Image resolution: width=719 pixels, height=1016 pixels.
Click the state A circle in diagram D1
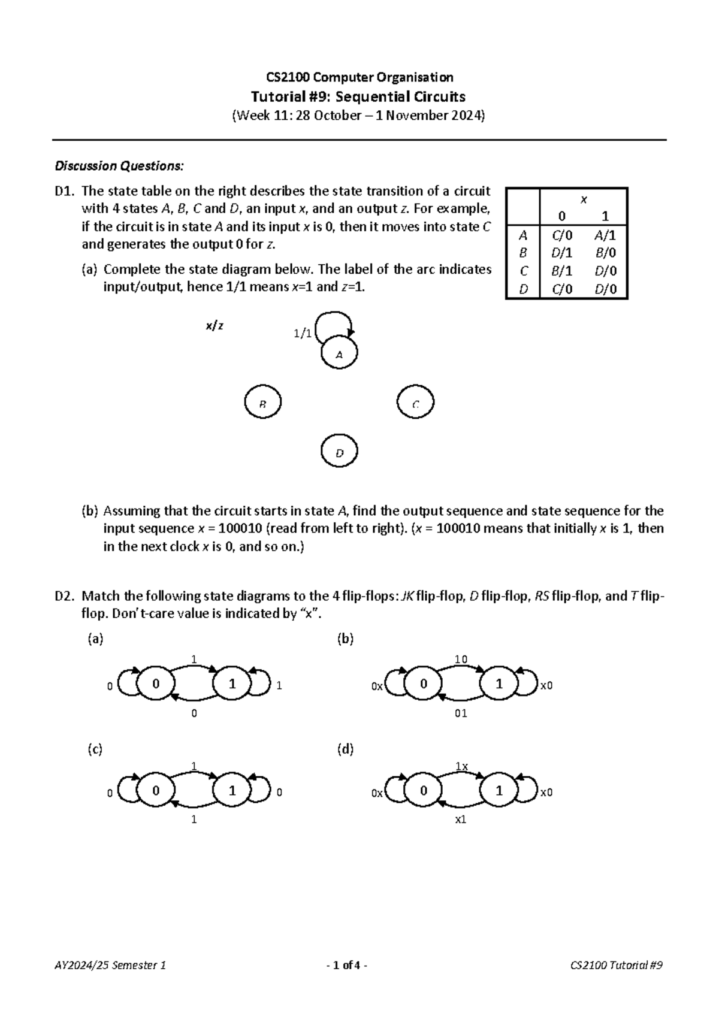click(x=339, y=353)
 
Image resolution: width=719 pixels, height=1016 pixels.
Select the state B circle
click(x=262, y=403)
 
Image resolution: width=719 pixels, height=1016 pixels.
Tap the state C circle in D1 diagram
click(x=415, y=403)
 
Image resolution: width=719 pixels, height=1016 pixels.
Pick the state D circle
click(x=339, y=452)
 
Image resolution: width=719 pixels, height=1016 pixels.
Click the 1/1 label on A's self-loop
click(x=302, y=334)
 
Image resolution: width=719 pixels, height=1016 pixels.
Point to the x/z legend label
click(x=215, y=326)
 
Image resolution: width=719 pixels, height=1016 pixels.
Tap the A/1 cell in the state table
click(x=605, y=235)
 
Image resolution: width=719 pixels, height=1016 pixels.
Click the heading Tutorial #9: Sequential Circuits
click(x=359, y=96)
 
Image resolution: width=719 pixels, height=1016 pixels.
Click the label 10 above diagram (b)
click(x=460, y=660)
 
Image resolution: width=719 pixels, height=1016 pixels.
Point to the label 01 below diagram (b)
click(x=460, y=713)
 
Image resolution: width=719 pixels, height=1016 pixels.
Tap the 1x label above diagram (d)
click(x=461, y=766)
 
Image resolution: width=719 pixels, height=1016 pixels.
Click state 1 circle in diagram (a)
click(x=232, y=684)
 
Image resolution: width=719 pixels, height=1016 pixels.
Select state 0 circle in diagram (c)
click(x=156, y=791)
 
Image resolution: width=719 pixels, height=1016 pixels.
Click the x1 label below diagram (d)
click(x=460, y=820)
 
